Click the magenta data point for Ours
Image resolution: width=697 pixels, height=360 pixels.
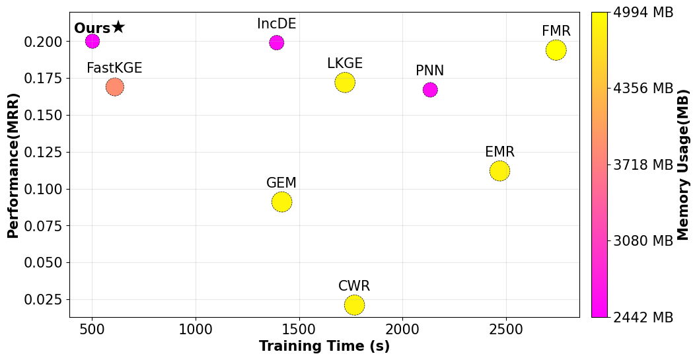pyautogui.click(x=92, y=41)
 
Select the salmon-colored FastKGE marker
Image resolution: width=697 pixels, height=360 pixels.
pyautogui.click(x=115, y=87)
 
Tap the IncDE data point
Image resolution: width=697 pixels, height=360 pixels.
pyautogui.click(x=277, y=43)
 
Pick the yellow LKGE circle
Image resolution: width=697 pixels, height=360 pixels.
pyautogui.click(x=345, y=83)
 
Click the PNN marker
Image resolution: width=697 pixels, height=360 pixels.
pyautogui.click(x=430, y=90)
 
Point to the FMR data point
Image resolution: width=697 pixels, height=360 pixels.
pyautogui.click(x=556, y=50)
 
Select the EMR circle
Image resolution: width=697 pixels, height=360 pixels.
pyautogui.click(x=500, y=170)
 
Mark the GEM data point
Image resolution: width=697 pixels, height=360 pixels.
pyautogui.click(x=282, y=202)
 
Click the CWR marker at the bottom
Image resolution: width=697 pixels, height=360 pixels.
pyautogui.click(x=355, y=305)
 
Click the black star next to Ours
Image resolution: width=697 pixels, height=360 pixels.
pyautogui.click(x=118, y=27)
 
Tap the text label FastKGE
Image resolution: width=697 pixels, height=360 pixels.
pyautogui.click(x=114, y=68)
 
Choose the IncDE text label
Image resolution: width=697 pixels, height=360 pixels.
pyautogui.click(x=276, y=24)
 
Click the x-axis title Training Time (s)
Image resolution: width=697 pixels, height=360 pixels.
pyautogui.click(x=324, y=346)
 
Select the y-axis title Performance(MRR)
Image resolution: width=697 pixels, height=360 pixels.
pyautogui.click(x=13, y=165)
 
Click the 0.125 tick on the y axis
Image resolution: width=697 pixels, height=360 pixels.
pyautogui.click(x=43, y=152)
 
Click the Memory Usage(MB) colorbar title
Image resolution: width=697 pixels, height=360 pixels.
pyautogui.click(x=683, y=165)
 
